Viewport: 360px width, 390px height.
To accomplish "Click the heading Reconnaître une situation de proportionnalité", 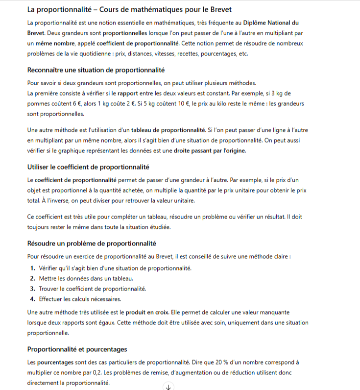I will coord(96,70).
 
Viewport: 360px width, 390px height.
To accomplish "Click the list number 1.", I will coord(32,268).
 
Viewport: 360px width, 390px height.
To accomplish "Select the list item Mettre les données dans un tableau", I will coord(86,278).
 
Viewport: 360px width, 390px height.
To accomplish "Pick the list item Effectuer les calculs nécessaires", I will coord(80,299).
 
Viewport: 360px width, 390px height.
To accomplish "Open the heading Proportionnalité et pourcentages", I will coord(77,349).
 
